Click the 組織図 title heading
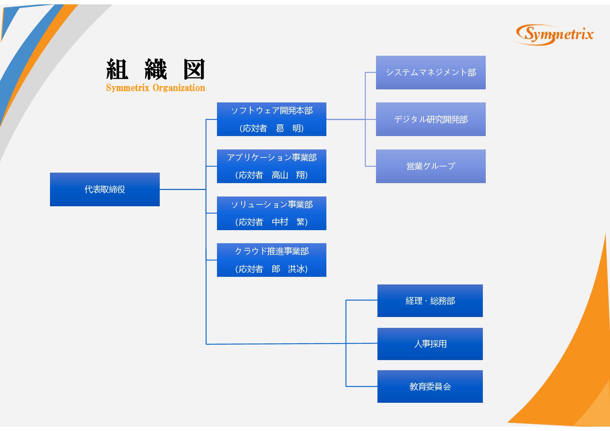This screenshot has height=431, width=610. point(155,69)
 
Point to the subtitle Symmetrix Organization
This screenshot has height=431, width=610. point(155,88)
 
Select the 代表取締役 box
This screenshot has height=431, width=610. point(105,189)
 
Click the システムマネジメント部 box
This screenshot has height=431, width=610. point(431,72)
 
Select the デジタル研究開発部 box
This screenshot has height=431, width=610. point(431,119)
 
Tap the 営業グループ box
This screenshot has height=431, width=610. point(431,166)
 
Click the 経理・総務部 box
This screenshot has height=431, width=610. point(430,301)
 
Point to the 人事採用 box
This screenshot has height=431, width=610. point(430,344)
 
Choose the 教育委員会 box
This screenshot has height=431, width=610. point(430,386)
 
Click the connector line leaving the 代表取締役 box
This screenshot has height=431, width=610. point(183,189)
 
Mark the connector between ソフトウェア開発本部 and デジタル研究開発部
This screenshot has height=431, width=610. point(346,119)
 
